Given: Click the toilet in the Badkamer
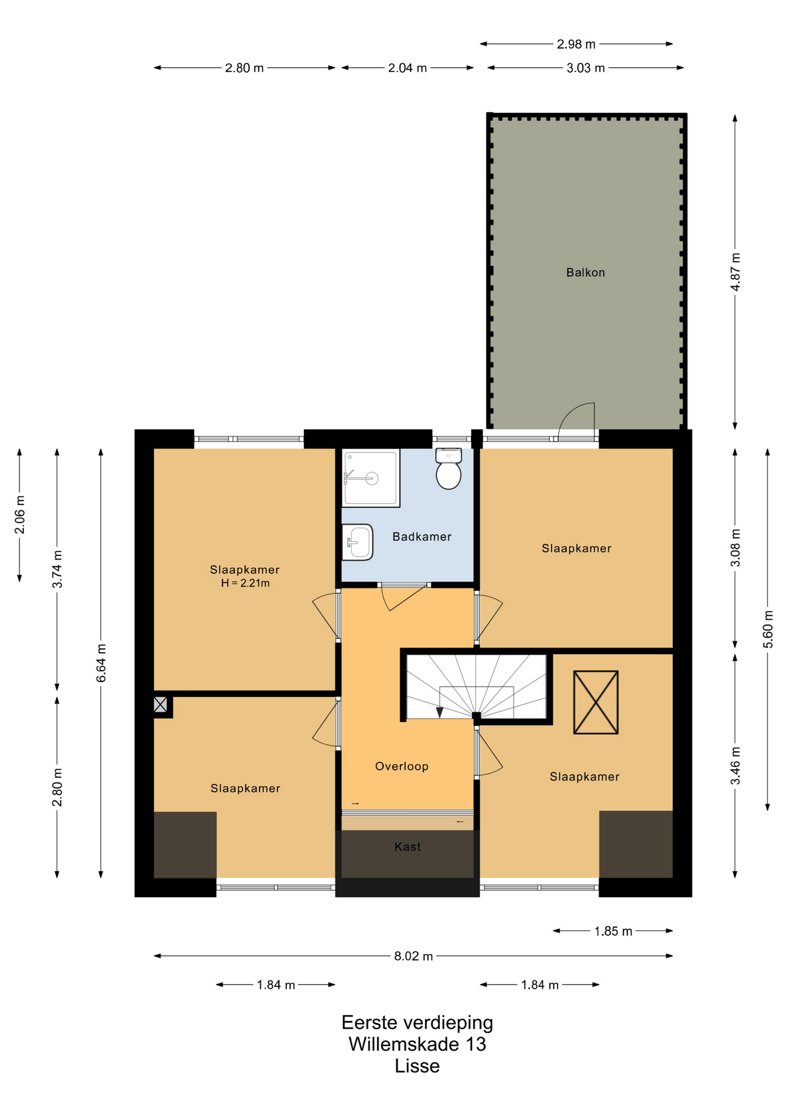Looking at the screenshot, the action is click(449, 469).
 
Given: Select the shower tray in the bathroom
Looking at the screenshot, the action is click(371, 478).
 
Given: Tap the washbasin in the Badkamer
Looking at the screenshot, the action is click(357, 542).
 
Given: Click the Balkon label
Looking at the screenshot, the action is click(585, 272).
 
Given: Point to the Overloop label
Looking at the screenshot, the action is click(402, 766).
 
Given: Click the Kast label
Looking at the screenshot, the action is click(407, 847).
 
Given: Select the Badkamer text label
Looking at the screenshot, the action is click(422, 536).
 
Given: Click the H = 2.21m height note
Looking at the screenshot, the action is click(245, 583).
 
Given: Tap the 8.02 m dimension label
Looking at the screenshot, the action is click(413, 956).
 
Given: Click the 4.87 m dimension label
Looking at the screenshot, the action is click(735, 272).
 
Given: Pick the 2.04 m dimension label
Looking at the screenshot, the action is click(407, 68).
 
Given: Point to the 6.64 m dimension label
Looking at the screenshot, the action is click(101, 663).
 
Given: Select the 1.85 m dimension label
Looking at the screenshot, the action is click(613, 931).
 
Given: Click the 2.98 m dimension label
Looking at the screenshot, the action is click(576, 44).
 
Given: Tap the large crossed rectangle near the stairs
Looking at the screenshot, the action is click(596, 703).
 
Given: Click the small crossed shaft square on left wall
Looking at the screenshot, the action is click(161, 705).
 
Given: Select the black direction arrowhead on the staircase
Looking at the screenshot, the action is click(440, 712).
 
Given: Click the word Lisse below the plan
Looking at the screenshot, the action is click(417, 1066).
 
